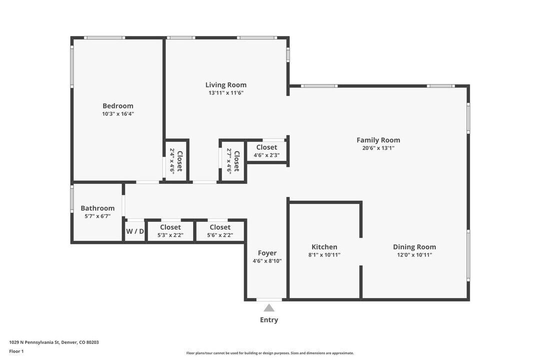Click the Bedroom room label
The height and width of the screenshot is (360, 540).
[x=118, y=105]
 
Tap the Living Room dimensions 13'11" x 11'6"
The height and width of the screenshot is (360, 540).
[x=226, y=93]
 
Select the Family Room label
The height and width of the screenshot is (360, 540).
[x=378, y=140]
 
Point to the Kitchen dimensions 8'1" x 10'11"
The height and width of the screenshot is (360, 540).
[x=324, y=255]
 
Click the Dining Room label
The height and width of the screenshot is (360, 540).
[x=414, y=246]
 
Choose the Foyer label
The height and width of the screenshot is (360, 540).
[x=267, y=253]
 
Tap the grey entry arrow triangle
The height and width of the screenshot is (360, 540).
[x=269, y=308]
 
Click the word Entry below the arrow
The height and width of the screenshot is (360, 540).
[x=269, y=320]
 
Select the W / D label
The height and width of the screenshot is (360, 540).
[x=135, y=231]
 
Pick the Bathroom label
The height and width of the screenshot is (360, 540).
[x=97, y=208]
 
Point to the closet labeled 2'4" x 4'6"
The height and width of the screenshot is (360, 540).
[x=176, y=161]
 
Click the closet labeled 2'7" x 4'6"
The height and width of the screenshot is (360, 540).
[x=233, y=161]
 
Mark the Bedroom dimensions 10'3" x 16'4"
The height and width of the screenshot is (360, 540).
[x=118, y=114]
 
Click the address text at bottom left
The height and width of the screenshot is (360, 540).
[x=54, y=342]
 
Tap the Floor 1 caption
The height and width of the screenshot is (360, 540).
[x=16, y=351]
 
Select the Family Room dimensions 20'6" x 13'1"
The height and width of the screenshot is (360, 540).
[x=378, y=148]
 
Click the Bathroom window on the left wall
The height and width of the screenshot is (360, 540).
[x=72, y=198]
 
